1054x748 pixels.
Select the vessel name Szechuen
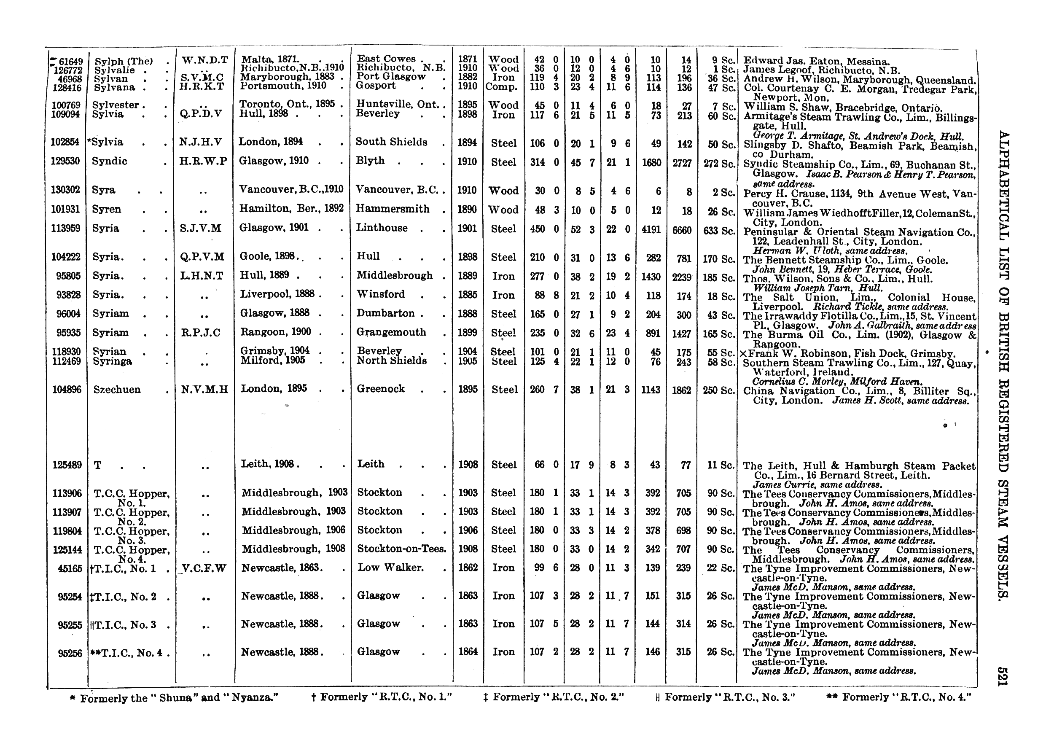pos(116,390)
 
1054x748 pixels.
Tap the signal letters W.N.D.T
pos(204,60)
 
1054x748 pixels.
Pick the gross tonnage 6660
pos(682,230)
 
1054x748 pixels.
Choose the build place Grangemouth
pos(391,332)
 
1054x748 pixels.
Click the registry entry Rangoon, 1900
pos(275,332)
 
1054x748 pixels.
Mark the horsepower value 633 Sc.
pos(719,230)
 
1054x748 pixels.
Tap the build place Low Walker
pos(390,568)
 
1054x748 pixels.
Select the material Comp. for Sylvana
pos(501,86)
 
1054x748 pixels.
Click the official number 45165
pos(70,569)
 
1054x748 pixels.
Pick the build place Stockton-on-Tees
pos(401,549)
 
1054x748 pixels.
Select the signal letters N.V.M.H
pos(204,390)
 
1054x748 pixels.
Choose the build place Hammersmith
pos(393,209)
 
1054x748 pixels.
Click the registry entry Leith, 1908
pos(270,464)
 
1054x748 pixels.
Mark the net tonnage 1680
pos(651,162)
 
